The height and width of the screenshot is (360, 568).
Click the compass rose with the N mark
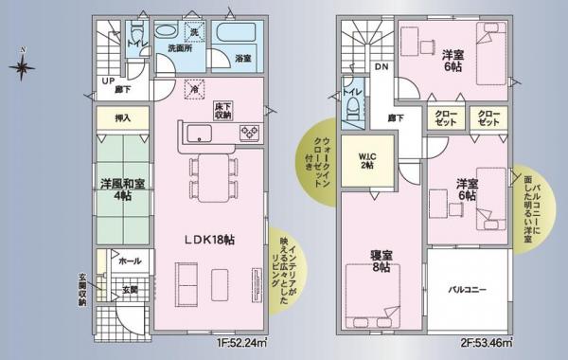coord(23,66)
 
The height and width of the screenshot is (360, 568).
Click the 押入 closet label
coord(121,118)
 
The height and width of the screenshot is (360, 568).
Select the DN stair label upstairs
coord(381,69)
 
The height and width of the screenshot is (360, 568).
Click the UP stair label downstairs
coord(110,81)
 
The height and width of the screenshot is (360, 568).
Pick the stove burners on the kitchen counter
coord(250,132)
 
